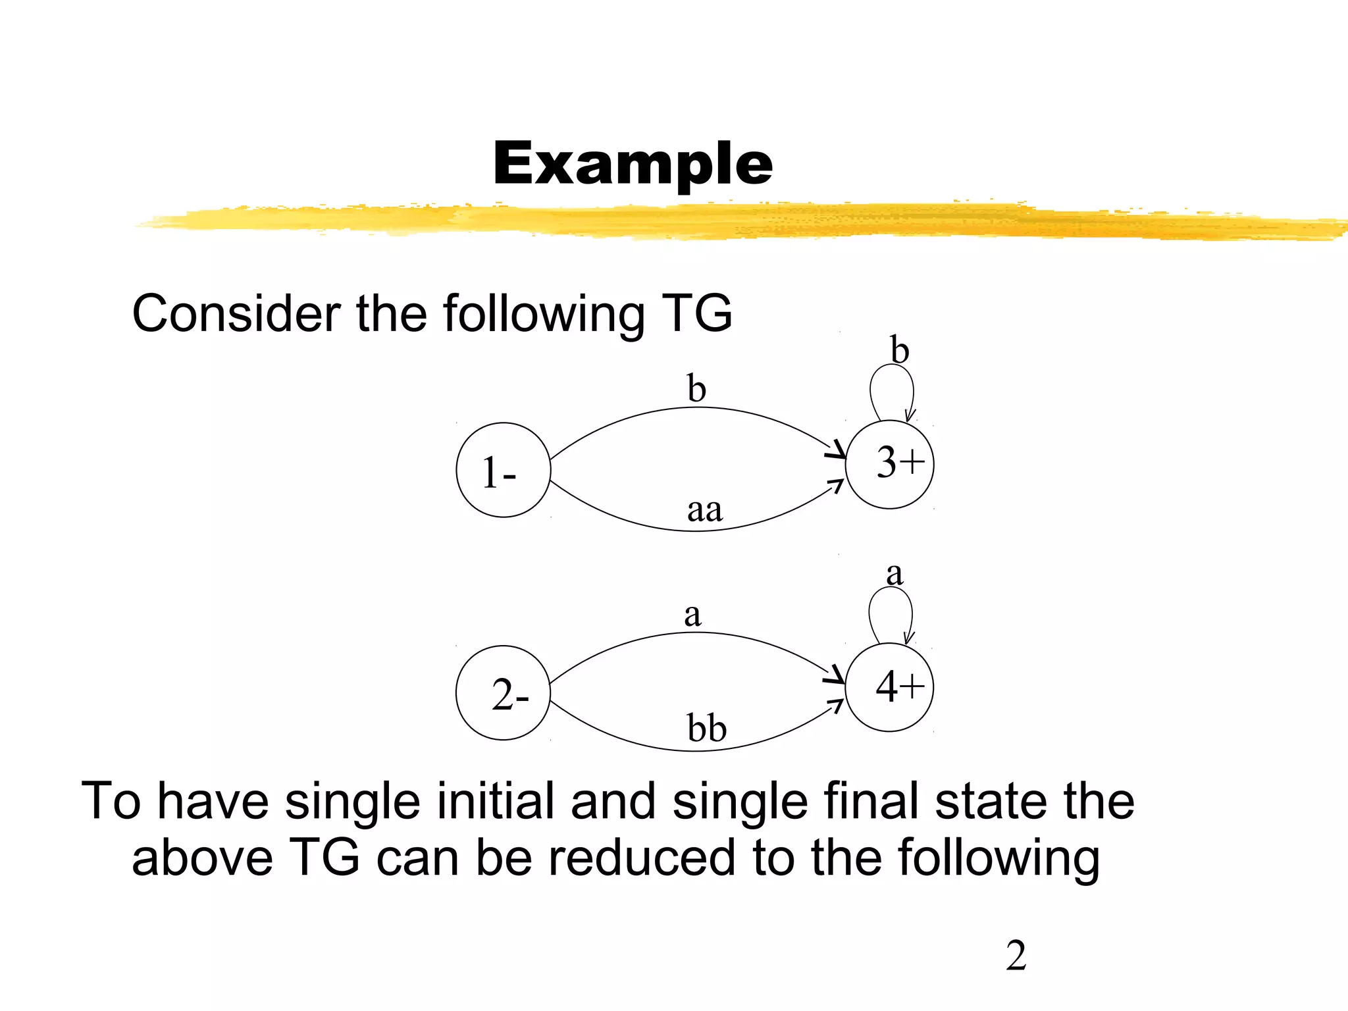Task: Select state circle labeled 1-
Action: point(503,470)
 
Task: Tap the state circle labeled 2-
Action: point(503,693)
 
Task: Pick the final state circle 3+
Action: point(889,464)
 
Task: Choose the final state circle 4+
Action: point(889,687)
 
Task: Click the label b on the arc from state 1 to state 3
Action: point(696,388)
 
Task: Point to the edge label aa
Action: point(704,510)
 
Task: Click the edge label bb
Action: point(706,729)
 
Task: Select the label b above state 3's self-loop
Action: point(899,350)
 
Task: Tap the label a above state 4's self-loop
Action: point(894,574)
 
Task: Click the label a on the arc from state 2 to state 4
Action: point(692,615)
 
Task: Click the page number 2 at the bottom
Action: point(1016,956)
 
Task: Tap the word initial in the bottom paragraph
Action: point(494,801)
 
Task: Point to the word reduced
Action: point(641,858)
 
